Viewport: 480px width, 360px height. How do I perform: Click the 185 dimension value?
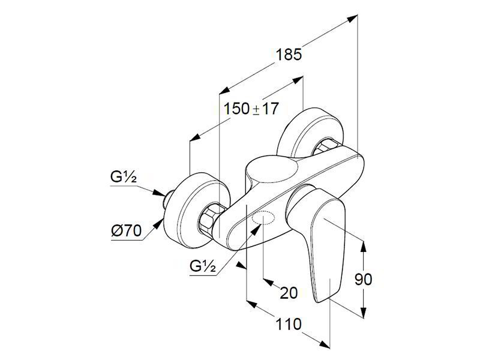coord(289,55)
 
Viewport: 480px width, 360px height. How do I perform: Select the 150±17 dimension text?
coord(251,109)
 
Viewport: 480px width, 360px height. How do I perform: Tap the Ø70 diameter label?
coord(127,230)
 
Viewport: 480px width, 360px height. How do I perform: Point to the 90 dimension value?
coord(364,279)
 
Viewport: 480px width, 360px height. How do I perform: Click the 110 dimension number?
coord(289,324)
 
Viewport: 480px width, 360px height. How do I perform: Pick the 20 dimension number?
coord(289,293)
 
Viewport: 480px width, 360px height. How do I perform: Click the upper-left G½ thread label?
coord(124,177)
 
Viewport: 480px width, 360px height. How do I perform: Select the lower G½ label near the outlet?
coord(203,266)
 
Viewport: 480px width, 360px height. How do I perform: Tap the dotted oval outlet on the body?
coord(263,219)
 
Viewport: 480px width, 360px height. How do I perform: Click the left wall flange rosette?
coord(196,210)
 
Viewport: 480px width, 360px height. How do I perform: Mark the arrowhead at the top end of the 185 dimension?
coord(352,19)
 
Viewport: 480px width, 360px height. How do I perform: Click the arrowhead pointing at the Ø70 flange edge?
coord(158,224)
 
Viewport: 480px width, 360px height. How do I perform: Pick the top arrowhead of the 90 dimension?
coord(363,246)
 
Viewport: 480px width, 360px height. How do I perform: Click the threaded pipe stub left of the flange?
coord(168,200)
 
